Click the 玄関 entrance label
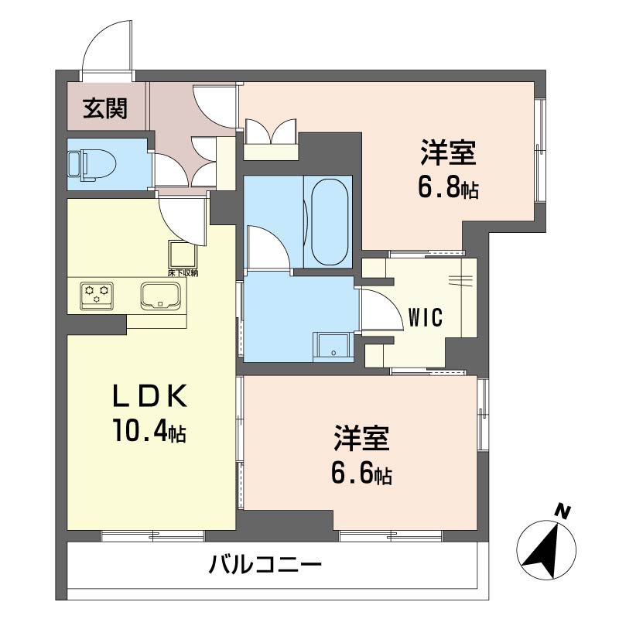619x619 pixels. click(105, 109)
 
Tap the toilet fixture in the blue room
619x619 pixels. click(92, 165)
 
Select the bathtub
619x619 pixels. click(330, 222)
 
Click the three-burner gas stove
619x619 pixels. click(97, 296)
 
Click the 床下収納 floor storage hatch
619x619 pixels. click(183, 254)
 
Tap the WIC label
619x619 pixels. click(425, 317)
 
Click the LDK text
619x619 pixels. click(149, 396)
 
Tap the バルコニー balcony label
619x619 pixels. click(265, 566)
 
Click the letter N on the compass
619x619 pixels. click(563, 511)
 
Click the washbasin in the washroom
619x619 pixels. click(333, 346)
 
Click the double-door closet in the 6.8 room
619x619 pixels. click(270, 139)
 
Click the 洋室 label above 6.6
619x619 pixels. click(361, 439)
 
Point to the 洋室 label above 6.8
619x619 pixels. click(449, 152)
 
